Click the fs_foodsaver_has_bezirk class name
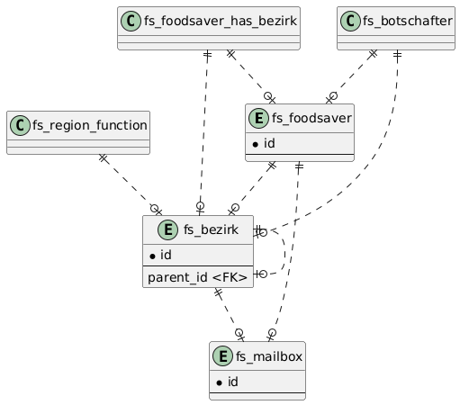(221, 21)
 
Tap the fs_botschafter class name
(408, 21)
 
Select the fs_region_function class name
(90, 125)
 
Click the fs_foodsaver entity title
(311, 118)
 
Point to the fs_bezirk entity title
(211, 229)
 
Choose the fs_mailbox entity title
(269, 356)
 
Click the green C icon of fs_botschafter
(350, 21)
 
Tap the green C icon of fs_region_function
(20, 125)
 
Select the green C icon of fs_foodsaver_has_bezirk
(131, 21)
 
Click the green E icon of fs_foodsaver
(258, 118)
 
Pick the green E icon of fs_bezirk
(168, 229)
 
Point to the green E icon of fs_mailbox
(222, 356)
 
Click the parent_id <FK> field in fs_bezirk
(197, 277)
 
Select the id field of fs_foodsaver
(264, 143)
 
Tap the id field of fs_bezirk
(160, 255)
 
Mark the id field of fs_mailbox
(228, 382)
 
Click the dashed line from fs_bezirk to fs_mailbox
(229, 314)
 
